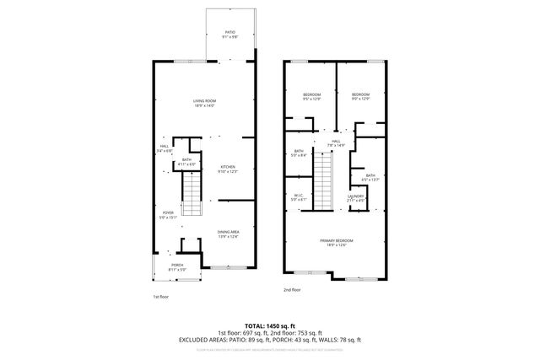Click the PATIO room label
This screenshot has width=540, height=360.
[229, 35]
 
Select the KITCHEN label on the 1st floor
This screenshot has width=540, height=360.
[228, 167]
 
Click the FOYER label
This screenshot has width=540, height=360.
[169, 213]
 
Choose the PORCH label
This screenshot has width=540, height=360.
[177, 265]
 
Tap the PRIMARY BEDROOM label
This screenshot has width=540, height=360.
[336, 241]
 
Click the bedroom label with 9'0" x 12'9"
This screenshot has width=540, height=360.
[360, 94]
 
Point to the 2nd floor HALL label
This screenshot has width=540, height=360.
[336, 142]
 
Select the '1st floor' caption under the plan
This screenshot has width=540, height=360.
[161, 297]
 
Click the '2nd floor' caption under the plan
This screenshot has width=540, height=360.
[292, 289]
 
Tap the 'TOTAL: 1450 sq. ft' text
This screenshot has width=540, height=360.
[270, 325]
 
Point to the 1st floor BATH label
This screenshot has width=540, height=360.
[186, 161]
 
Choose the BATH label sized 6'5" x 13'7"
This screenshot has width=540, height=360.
[371, 177]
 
